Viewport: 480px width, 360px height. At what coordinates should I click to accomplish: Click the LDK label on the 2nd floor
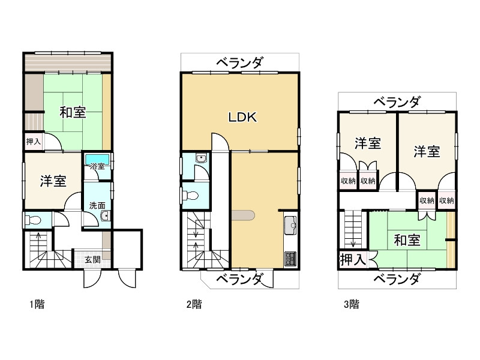click(x=243, y=118)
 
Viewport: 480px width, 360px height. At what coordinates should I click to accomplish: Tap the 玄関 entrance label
click(x=92, y=259)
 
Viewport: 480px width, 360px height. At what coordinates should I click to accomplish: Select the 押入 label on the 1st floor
click(x=33, y=142)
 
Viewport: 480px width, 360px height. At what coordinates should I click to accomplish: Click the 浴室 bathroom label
click(x=97, y=166)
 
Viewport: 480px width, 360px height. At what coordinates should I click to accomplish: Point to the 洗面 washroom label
click(x=97, y=205)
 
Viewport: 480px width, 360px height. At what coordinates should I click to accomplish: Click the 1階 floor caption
click(x=37, y=304)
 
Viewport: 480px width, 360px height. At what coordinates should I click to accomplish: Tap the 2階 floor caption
click(x=193, y=304)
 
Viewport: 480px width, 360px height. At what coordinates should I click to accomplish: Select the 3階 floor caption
click(x=351, y=304)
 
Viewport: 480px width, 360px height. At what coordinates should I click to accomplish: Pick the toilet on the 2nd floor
click(x=191, y=196)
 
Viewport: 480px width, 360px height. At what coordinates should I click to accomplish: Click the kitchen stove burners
click(x=291, y=258)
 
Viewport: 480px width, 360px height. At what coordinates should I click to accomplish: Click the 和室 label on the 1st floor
click(x=72, y=112)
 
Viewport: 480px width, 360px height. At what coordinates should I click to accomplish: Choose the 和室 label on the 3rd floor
click(x=407, y=241)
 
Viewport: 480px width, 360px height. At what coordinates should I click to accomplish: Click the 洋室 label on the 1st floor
click(x=53, y=182)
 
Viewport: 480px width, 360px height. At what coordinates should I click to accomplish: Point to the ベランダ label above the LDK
click(x=239, y=62)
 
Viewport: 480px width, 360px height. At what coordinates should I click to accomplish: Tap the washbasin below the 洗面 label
click(x=104, y=217)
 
